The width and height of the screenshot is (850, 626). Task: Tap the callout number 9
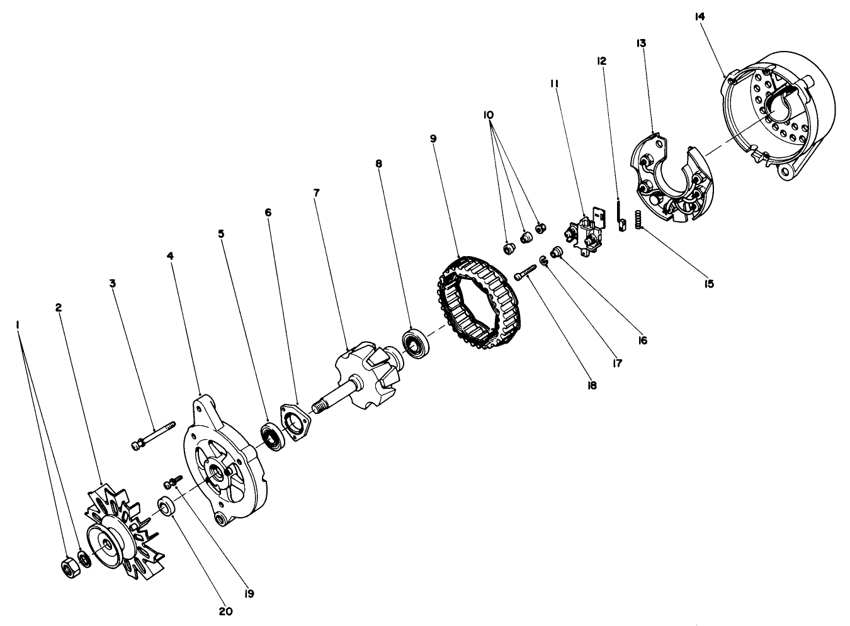point(433,138)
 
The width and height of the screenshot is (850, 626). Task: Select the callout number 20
point(225,611)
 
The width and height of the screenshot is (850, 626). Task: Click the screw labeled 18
point(524,272)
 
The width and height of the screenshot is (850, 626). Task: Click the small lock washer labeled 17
point(544,260)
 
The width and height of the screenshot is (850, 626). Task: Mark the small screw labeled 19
point(172,483)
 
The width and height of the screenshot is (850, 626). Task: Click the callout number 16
point(642,340)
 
